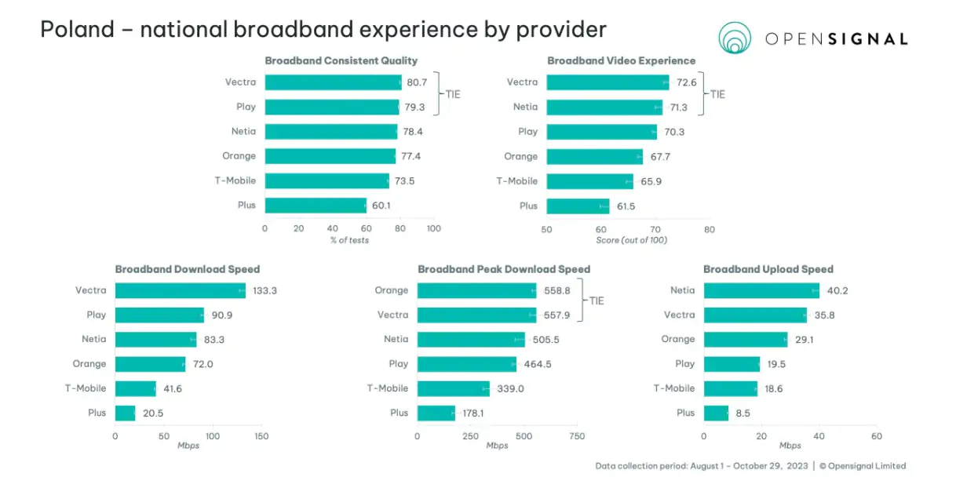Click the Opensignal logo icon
pyautogui.click(x=735, y=38)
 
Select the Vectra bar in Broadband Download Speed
pyautogui.click(x=181, y=290)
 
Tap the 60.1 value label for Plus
pyautogui.click(x=381, y=206)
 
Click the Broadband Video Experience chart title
pyautogui.click(x=621, y=60)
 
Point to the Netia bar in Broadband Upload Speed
pyautogui.click(x=761, y=290)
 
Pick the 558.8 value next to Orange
pyautogui.click(x=556, y=290)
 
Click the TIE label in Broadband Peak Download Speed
pyautogui.click(x=597, y=301)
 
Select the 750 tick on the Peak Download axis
pyautogui.click(x=577, y=436)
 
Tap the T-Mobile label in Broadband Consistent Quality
pyautogui.click(x=235, y=180)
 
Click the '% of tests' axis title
pyautogui.click(x=349, y=240)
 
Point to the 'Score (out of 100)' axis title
pyautogui.click(x=631, y=240)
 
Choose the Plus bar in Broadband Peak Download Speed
pyautogui.click(x=436, y=413)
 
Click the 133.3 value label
pyautogui.click(x=265, y=290)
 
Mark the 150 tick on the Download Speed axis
pyautogui.click(x=261, y=436)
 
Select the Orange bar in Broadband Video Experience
pyautogui.click(x=595, y=156)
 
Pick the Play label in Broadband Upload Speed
pyautogui.click(x=684, y=364)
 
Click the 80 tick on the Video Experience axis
pyautogui.click(x=709, y=229)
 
